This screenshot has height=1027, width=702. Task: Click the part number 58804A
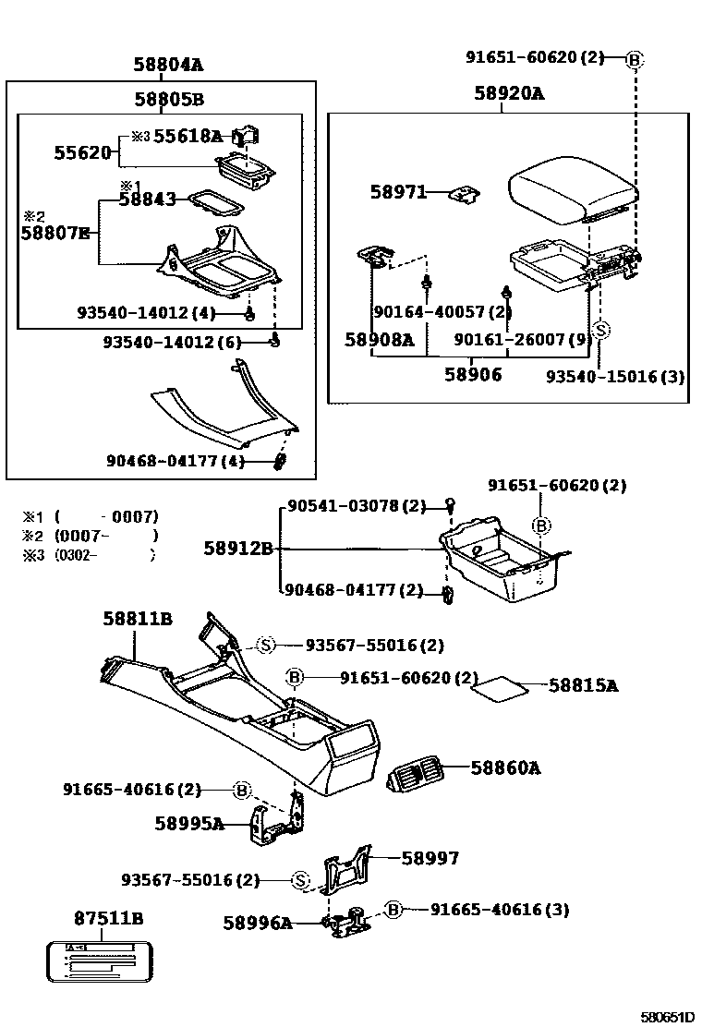(x=167, y=65)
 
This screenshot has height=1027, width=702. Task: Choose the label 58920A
(x=509, y=93)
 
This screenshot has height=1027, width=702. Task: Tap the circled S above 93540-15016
(x=600, y=330)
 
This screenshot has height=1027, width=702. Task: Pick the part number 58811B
(x=137, y=619)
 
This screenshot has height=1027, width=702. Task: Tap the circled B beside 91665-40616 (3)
(x=393, y=910)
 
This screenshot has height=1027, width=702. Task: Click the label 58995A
(x=189, y=823)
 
